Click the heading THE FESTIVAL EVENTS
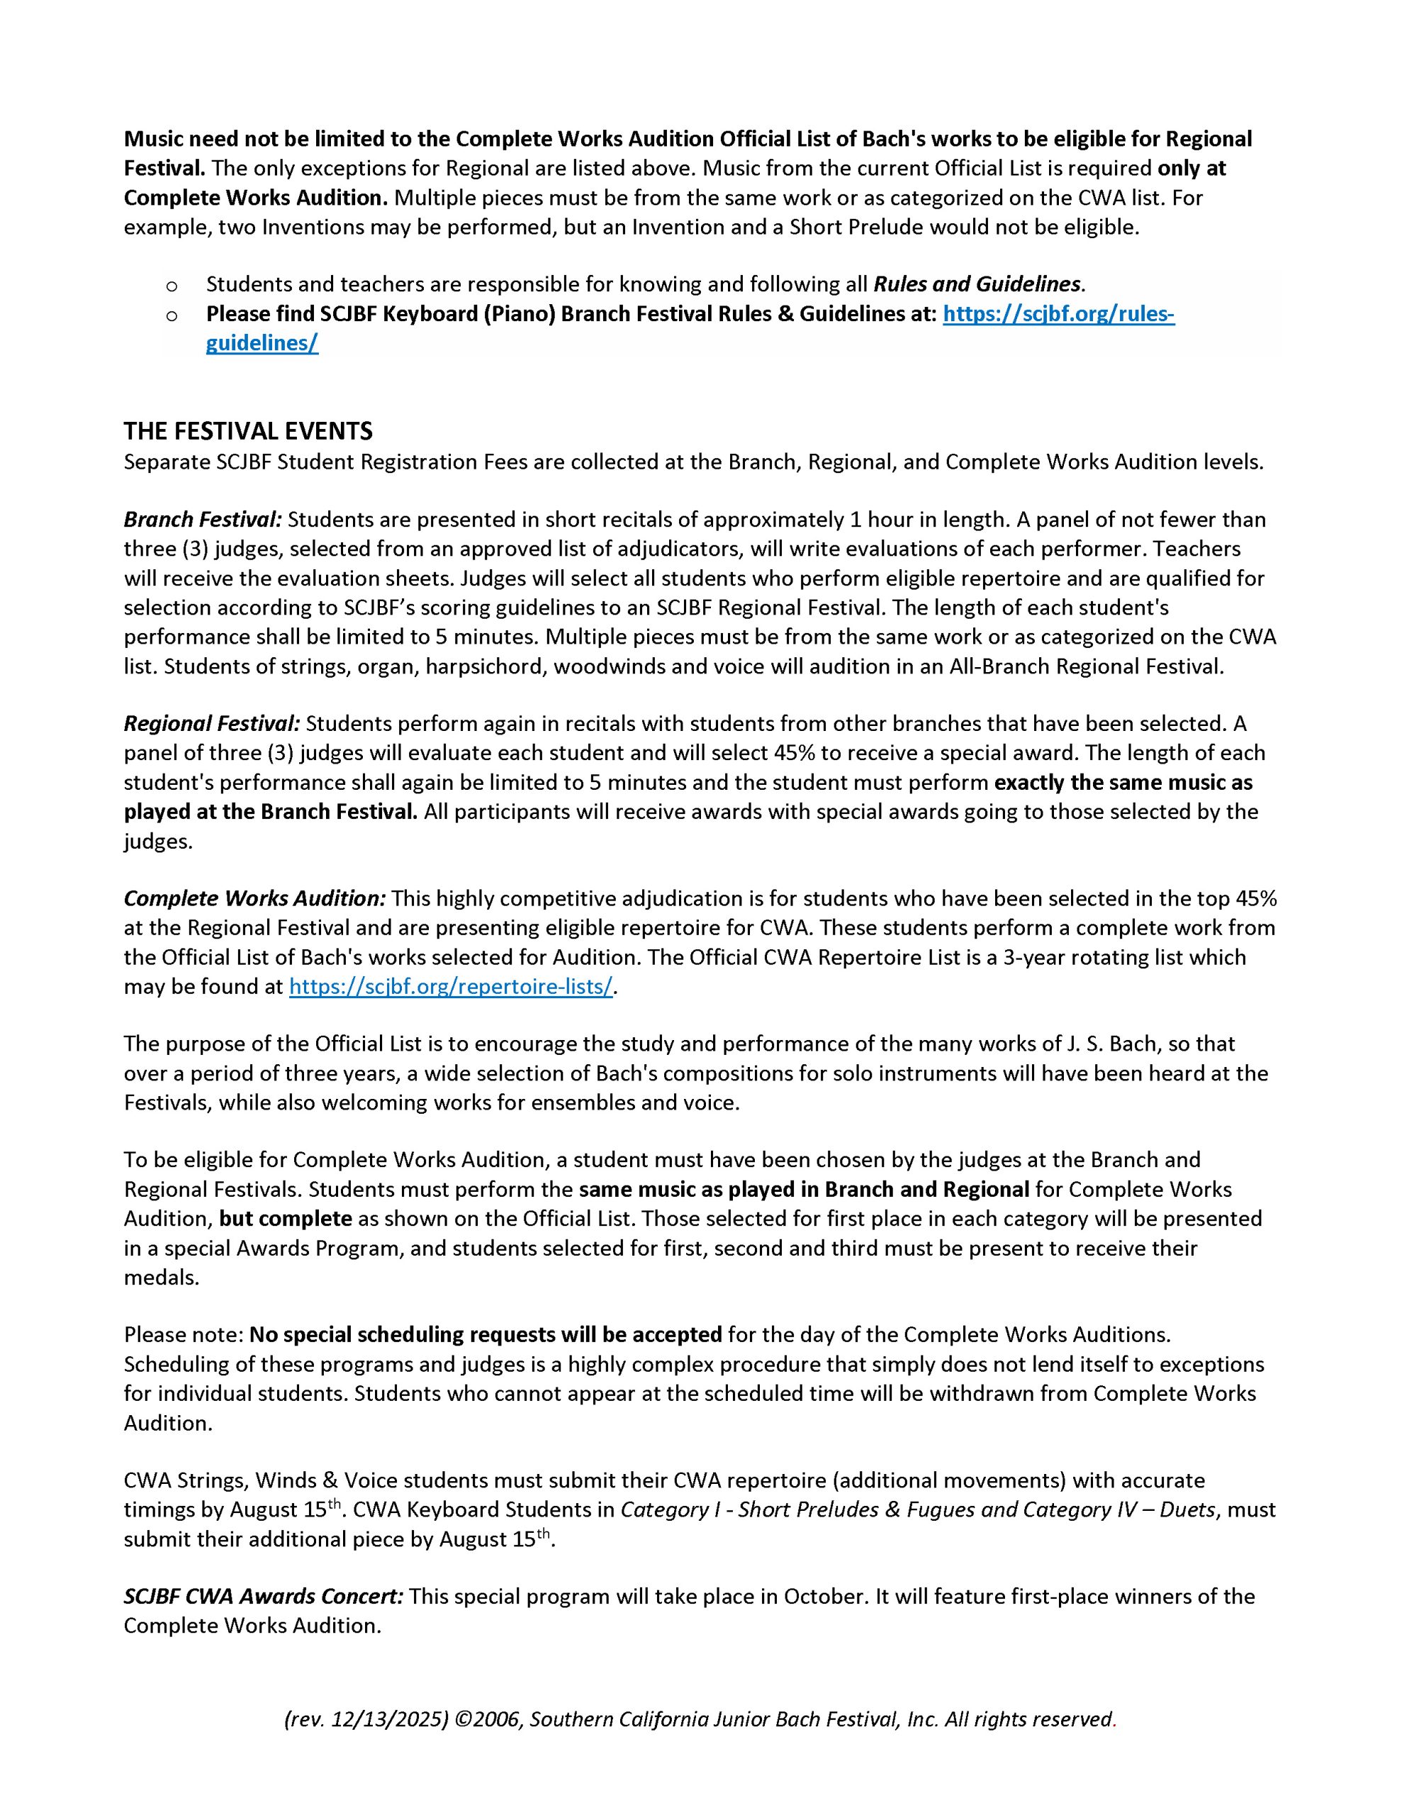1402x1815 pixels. pos(247,430)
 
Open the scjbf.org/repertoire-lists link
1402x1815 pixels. pos(450,986)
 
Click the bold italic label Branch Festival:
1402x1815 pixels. pos(203,520)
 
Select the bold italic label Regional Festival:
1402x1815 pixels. pos(212,723)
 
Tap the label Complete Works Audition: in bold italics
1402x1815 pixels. pos(254,898)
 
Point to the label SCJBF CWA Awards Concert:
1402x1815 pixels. pos(264,1596)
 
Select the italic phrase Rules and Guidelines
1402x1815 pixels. pos(976,284)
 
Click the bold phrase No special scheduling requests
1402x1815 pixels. pos(486,1334)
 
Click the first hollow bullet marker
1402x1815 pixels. pos(172,286)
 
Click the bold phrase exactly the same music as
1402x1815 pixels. pos(1123,782)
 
